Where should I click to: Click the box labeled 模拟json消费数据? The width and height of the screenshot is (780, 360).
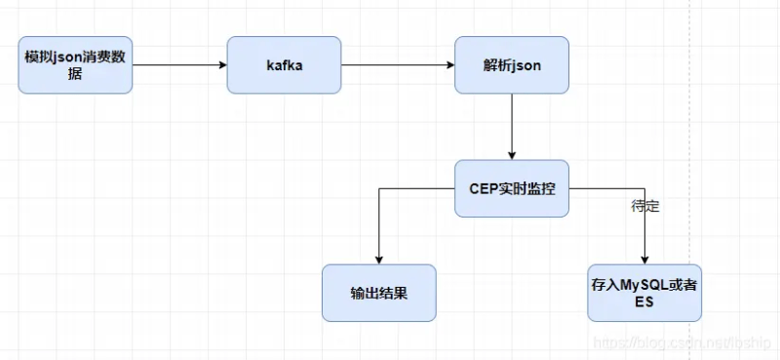75,65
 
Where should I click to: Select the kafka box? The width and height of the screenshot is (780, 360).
284,65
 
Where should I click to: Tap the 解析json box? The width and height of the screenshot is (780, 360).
512,65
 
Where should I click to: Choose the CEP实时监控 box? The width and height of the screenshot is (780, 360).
512,188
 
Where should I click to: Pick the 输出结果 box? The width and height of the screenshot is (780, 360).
379,293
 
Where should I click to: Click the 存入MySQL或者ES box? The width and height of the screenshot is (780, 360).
644,293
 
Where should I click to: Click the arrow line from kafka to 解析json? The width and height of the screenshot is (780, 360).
397,65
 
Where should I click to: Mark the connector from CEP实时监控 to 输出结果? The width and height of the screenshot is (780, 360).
409,188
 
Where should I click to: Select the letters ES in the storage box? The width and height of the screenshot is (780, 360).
644,302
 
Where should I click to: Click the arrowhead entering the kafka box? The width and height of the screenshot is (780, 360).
221,65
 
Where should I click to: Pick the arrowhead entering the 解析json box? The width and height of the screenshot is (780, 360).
449,65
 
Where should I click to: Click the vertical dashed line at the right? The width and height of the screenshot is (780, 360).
689,146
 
